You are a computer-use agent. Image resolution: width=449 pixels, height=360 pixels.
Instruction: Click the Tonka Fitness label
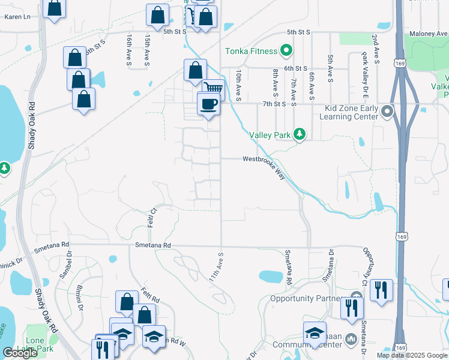tap(251, 52)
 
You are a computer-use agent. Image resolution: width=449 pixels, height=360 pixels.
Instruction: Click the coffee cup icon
tap(209, 104)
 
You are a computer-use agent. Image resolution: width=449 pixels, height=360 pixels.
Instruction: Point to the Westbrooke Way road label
tap(264, 160)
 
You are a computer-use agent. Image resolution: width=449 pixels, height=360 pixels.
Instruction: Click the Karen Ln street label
tap(17, 17)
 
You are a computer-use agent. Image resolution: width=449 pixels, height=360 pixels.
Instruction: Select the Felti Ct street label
tap(153, 214)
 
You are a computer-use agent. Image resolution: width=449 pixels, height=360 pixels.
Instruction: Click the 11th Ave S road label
tap(216, 267)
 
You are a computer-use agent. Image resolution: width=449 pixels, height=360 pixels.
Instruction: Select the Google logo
tap(20, 353)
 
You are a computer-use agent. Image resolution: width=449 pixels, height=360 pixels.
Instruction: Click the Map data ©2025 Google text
tap(412, 355)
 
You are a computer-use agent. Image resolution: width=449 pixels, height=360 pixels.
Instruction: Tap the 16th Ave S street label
tap(129, 49)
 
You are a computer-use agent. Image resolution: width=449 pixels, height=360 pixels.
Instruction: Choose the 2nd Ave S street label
tap(375, 49)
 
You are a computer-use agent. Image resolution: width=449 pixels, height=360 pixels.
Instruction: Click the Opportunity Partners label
tap(309, 298)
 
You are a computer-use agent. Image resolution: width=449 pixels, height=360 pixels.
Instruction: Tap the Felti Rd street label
tap(150, 295)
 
